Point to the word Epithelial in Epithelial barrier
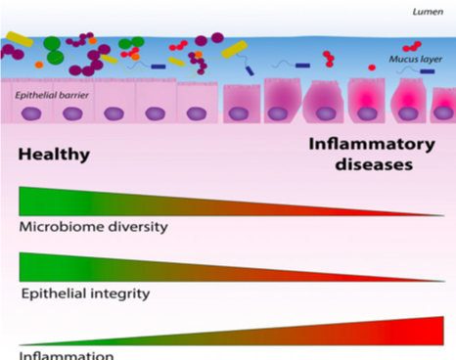click(33, 96)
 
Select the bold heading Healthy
click(54, 155)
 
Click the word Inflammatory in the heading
click(371, 144)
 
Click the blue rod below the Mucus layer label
click(428, 70)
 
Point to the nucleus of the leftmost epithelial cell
click(30, 112)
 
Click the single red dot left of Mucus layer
click(372, 67)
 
